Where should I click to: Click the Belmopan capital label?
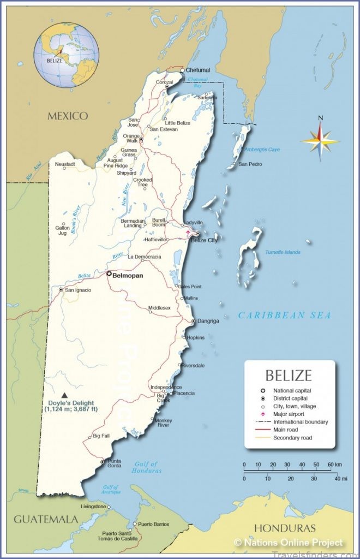pyautogui.click(x=128, y=276)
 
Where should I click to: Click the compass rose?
pyautogui.click(x=320, y=141)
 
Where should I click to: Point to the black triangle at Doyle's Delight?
pyautogui.click(x=65, y=395)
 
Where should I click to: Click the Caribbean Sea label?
pyautogui.click(x=284, y=316)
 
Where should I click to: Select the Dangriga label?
pyautogui.click(x=208, y=321)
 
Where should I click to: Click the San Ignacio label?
pyautogui.click(x=78, y=290)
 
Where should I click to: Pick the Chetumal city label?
pyautogui.click(x=197, y=70)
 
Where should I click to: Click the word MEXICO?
pyautogui.click(x=68, y=116)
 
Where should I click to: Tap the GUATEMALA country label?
pyautogui.click(x=46, y=519)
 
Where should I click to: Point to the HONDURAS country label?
pyautogui.click(x=284, y=528)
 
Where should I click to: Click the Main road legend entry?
pyautogui.click(x=286, y=430)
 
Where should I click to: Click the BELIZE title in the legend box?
pyautogui.click(x=289, y=376)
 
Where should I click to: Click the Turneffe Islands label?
pyautogui.click(x=283, y=252)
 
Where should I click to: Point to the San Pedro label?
pyautogui.click(x=250, y=164)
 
